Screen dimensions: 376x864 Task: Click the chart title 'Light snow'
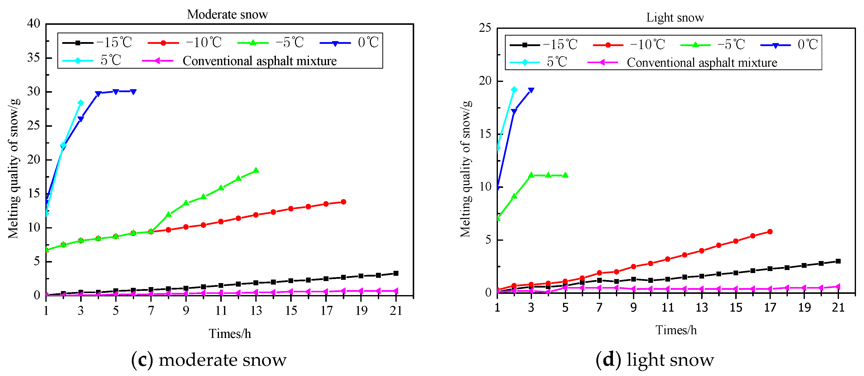675,18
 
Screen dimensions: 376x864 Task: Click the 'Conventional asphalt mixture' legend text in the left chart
259,61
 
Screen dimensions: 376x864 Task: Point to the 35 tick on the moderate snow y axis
34,58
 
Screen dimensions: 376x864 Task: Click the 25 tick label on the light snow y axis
485,28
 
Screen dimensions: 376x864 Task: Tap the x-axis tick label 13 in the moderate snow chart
256,311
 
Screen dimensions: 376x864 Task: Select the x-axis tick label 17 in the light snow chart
770,307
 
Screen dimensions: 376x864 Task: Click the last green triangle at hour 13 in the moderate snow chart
256,170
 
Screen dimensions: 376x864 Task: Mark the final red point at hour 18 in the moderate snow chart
343,202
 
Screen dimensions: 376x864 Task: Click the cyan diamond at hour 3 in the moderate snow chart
80,103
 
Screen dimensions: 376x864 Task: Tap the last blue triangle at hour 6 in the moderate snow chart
133,92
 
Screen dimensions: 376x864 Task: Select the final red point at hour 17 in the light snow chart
770,232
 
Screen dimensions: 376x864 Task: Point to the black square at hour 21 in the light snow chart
838,261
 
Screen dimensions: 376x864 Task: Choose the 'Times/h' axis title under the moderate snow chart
230,334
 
